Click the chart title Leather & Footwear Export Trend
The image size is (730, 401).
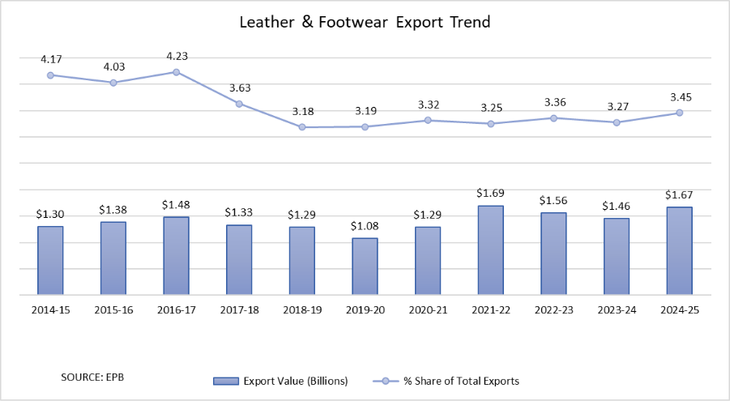[365, 23]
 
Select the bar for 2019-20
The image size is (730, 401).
[365, 267]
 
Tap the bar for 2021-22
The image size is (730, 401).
[490, 250]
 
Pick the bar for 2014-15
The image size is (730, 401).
[50, 261]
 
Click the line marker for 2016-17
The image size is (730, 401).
[176, 72]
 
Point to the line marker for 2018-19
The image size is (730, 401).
[302, 127]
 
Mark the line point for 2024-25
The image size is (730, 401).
[679, 113]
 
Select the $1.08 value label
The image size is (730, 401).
[365, 225]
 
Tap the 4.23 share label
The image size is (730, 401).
[176, 57]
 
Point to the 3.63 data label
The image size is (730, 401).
[239, 88]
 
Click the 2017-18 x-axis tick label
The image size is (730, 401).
[239, 310]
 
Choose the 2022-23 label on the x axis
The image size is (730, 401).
[553, 310]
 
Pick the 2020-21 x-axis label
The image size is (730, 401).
[428, 310]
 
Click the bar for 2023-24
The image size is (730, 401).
[617, 257]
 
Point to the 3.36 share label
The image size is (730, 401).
[553, 102]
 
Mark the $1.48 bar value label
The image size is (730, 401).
[176, 204]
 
